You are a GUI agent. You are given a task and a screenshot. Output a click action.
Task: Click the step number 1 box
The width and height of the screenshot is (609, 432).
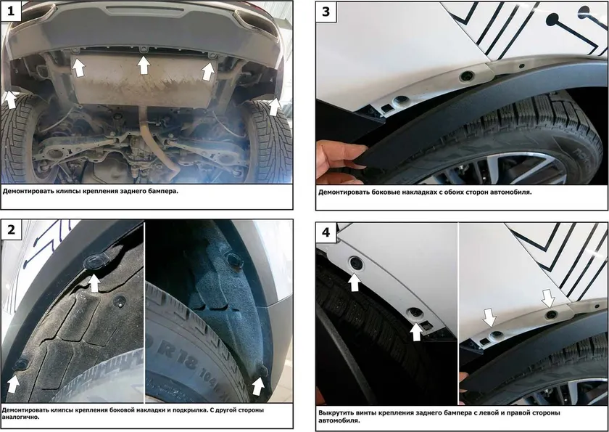point(10,10)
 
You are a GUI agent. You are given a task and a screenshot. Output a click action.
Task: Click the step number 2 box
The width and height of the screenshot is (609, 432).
point(10,229)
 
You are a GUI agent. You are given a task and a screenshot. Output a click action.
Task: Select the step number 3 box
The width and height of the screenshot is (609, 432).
point(326,12)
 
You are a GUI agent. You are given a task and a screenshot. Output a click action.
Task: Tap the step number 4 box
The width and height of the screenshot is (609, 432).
point(326,232)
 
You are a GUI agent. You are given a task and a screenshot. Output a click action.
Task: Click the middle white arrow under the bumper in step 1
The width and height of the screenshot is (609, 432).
point(144,65)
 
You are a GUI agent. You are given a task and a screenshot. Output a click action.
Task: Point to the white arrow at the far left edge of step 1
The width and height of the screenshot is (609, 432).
point(10,99)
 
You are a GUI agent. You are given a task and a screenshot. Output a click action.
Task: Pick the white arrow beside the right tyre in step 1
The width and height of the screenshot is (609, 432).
point(275,107)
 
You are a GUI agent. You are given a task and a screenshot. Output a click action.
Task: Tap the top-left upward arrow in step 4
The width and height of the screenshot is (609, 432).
point(355,282)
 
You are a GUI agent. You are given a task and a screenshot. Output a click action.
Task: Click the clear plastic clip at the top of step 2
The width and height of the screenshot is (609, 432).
point(94,261)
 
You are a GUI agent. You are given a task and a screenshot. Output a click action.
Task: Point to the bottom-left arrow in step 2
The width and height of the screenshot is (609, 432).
point(13,384)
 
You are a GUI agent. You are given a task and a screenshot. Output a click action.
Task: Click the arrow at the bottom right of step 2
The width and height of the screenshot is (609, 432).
point(258,386)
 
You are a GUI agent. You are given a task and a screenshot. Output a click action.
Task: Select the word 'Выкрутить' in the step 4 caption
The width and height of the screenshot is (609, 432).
point(333,413)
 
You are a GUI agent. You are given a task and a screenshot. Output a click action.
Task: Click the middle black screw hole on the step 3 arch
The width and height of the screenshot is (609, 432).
point(466,76)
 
